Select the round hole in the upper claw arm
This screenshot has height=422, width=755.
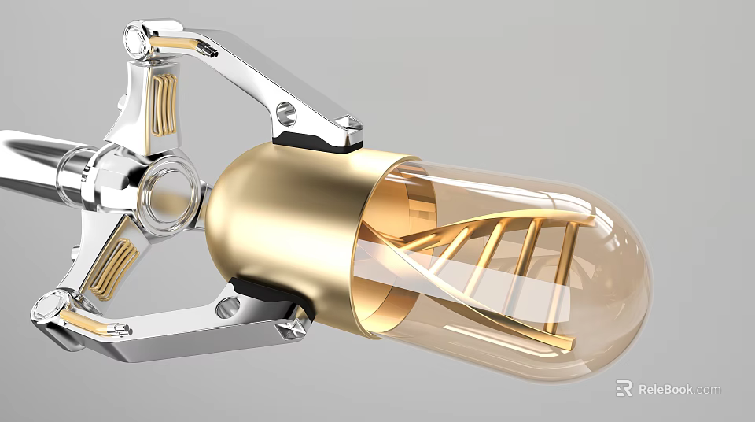point(285,113)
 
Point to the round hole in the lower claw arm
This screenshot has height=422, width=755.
point(227,307)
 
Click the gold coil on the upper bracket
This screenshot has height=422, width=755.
point(164,105)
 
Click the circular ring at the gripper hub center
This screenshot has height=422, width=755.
point(168,198)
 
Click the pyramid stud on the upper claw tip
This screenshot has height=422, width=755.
point(349,126)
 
